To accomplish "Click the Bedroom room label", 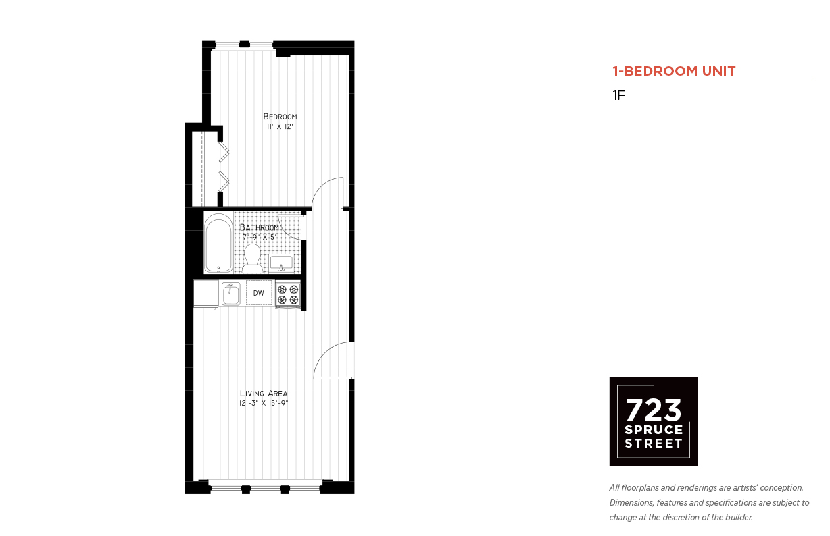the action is (280, 117).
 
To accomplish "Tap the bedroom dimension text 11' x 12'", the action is (280, 127).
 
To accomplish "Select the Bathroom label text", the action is (259, 227).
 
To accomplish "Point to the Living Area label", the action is (264, 393).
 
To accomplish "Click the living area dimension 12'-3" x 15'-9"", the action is (264, 403).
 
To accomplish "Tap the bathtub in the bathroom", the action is (218, 243).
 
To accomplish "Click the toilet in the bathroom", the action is (252, 259).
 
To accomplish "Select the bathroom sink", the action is (282, 263).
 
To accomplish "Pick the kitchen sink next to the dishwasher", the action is (231, 294).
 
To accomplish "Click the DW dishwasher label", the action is (259, 293).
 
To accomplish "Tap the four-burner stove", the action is (288, 294).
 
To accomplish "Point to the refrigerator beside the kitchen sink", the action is (205, 294).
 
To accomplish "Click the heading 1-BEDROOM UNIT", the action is (674, 71).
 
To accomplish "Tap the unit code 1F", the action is (619, 95).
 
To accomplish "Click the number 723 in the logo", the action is (654, 410).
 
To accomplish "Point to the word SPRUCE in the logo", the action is (654, 430).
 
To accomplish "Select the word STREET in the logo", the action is (654, 443).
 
